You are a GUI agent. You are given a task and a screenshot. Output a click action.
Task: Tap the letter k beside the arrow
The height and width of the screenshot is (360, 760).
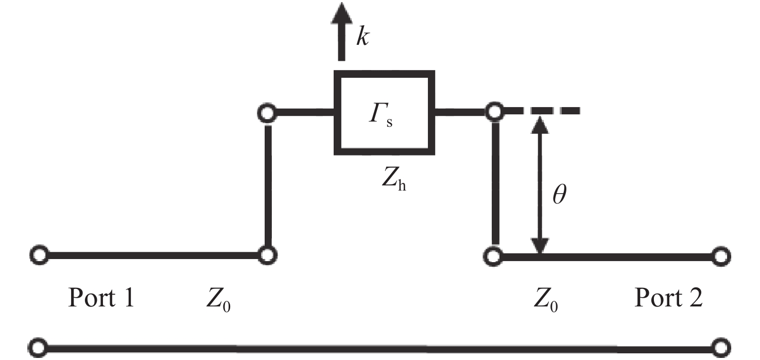(x=362, y=37)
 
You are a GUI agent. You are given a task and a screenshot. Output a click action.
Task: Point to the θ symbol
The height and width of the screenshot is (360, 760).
(x=559, y=195)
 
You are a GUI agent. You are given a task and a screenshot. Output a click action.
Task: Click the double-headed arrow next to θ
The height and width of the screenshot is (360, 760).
(x=540, y=185)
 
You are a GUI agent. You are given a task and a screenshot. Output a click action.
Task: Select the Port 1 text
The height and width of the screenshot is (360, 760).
(x=101, y=298)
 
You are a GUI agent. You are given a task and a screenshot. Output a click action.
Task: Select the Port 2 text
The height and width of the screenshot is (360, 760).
(x=668, y=298)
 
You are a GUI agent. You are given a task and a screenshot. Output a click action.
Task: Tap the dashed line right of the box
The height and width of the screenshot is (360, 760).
(x=542, y=111)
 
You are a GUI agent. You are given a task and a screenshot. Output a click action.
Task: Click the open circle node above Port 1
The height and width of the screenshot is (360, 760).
(x=39, y=254)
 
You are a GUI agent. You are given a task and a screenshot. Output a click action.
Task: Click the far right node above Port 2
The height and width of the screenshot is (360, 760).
(x=721, y=256)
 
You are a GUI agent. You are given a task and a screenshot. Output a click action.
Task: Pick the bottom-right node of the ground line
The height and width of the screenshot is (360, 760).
(x=721, y=348)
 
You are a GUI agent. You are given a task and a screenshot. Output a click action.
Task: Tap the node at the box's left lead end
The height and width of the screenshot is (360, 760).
(x=267, y=113)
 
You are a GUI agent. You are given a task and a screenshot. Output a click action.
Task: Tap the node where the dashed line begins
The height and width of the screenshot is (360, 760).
(x=494, y=111)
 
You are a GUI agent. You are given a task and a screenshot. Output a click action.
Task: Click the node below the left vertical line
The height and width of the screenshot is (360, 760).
(x=267, y=255)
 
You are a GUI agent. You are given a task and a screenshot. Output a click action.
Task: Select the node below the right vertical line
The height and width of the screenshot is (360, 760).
(x=493, y=256)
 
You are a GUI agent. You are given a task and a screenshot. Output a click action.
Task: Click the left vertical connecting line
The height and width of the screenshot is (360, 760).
(x=268, y=185)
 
